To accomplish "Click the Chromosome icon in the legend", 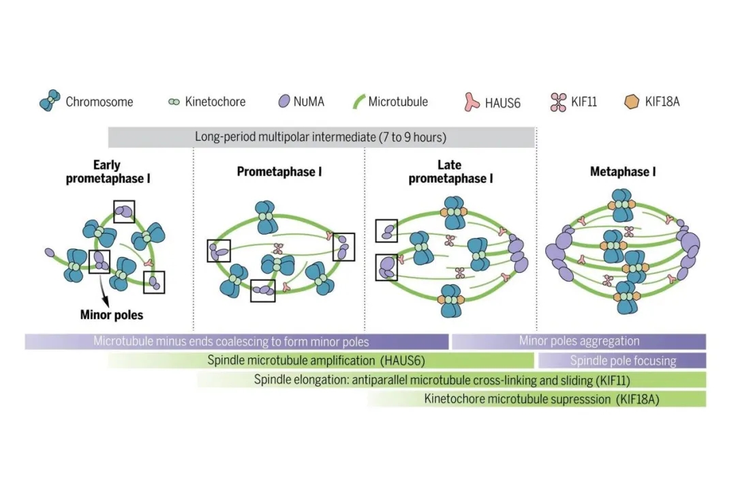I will (x=50, y=102).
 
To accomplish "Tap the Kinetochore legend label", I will (x=215, y=102).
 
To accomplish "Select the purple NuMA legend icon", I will (x=281, y=102).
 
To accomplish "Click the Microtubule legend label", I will (x=398, y=102).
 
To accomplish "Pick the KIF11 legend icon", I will (x=558, y=102).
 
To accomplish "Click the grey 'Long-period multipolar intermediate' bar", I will (x=321, y=137).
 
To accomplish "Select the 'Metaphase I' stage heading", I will (x=622, y=172).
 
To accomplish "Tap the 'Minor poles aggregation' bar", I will (x=579, y=341).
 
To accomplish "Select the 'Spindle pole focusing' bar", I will (x=622, y=360).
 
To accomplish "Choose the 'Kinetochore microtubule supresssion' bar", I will (x=536, y=399).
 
